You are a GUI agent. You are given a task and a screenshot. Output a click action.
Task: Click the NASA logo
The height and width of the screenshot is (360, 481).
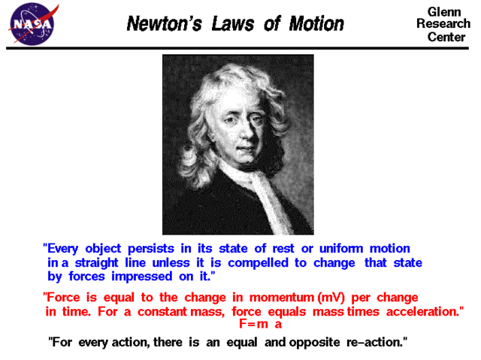31,23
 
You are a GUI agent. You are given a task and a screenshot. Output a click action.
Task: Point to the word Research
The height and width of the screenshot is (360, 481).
443,24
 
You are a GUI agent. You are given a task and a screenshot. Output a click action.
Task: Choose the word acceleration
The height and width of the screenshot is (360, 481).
419,311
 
